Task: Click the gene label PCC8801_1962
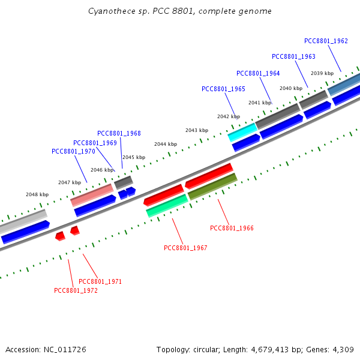point(326,41)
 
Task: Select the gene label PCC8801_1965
point(223,89)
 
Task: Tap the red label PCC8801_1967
point(185,248)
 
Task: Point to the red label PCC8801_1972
point(76,290)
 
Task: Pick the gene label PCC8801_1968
point(119,133)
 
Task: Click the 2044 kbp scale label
point(166,144)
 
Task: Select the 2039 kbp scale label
point(322,73)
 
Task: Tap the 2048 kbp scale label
point(37,194)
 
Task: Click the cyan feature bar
point(242,132)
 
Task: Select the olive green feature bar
point(212,187)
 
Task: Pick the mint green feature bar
point(167,206)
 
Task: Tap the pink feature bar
point(92,195)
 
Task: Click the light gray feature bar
point(23,221)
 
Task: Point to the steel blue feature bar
point(344,84)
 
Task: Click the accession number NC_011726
point(65,350)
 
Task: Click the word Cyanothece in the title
point(112,11)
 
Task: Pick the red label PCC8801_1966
point(232,228)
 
